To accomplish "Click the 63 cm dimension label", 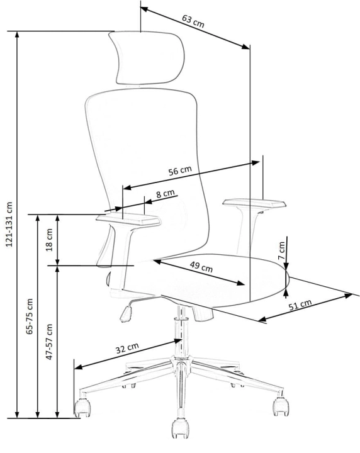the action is (x=193, y=21).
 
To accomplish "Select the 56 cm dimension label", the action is (x=180, y=171).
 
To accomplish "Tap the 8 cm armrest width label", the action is (x=166, y=193).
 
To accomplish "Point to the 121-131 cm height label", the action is (x=9, y=224).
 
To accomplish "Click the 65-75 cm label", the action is (x=30, y=316).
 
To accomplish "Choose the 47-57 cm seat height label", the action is (x=50, y=342).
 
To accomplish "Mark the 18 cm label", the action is (x=50, y=240).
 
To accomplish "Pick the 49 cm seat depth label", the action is (x=201, y=266).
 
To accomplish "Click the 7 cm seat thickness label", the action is (x=282, y=250).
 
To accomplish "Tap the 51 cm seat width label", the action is (x=300, y=305).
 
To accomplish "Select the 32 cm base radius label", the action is (x=127, y=348).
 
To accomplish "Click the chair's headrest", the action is (x=146, y=59).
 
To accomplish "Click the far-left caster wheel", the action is (x=82, y=407).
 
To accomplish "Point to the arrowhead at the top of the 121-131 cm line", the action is (x=18, y=35).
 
